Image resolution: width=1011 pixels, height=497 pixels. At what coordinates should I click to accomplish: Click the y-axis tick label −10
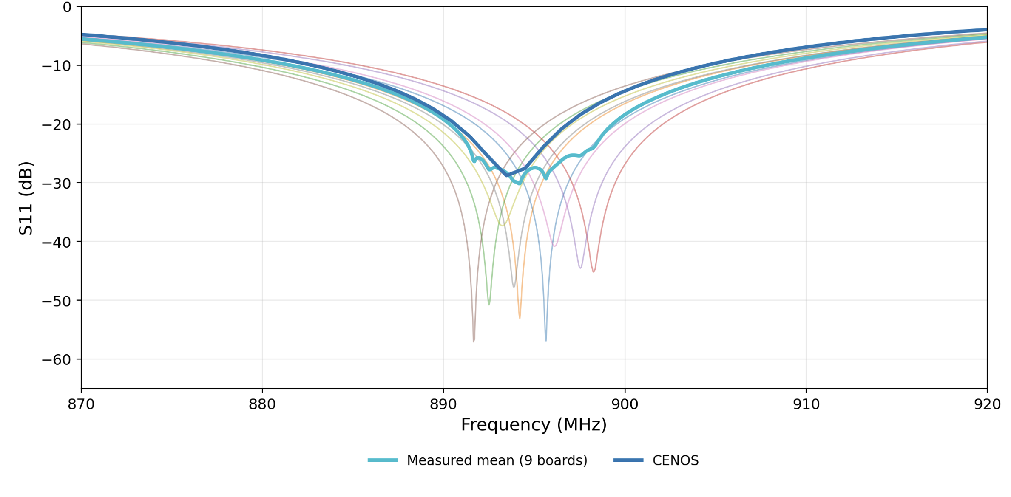click(x=56, y=66)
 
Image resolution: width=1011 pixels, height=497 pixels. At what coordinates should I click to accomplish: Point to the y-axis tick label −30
click(x=56, y=184)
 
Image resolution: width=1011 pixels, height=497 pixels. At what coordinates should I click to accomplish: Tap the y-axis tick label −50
click(x=56, y=301)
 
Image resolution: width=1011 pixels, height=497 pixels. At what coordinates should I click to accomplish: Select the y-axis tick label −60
click(x=56, y=360)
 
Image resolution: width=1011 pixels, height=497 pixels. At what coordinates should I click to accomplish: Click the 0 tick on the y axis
click(x=67, y=7)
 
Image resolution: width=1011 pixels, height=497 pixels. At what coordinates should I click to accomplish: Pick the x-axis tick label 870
click(x=81, y=404)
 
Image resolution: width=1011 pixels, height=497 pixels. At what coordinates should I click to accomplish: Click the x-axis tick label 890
click(x=443, y=404)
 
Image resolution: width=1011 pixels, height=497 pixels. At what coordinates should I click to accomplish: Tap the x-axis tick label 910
click(x=806, y=404)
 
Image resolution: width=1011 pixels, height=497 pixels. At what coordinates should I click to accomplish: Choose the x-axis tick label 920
click(x=987, y=404)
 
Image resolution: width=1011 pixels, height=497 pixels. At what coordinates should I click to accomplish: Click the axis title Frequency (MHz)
click(x=534, y=425)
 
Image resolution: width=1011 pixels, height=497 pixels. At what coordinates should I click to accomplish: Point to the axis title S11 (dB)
click(x=26, y=198)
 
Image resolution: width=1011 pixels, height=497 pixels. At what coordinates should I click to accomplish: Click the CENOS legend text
click(x=675, y=460)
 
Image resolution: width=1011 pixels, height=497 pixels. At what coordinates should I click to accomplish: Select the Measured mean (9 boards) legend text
click(x=497, y=460)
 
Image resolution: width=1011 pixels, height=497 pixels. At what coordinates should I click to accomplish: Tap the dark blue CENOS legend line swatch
click(x=628, y=460)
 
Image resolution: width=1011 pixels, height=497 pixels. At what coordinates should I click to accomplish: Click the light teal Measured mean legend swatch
click(x=383, y=460)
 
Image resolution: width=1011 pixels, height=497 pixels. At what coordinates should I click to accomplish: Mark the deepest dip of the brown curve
click(x=474, y=341)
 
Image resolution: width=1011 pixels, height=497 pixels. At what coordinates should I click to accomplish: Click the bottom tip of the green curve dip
click(x=489, y=305)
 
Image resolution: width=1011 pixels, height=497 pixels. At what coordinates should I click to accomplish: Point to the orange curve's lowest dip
click(x=520, y=318)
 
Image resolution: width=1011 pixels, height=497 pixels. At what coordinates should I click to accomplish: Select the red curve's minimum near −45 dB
click(x=594, y=271)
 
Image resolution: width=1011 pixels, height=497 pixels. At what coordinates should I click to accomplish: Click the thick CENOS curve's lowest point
click(x=506, y=175)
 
